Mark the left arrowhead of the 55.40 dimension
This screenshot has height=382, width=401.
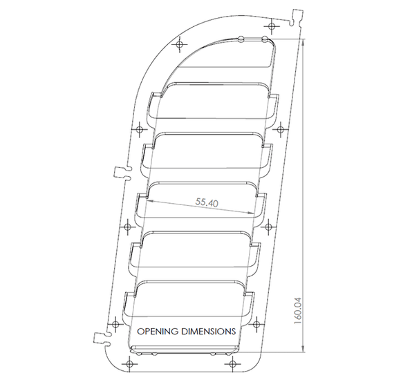point(147,201)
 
